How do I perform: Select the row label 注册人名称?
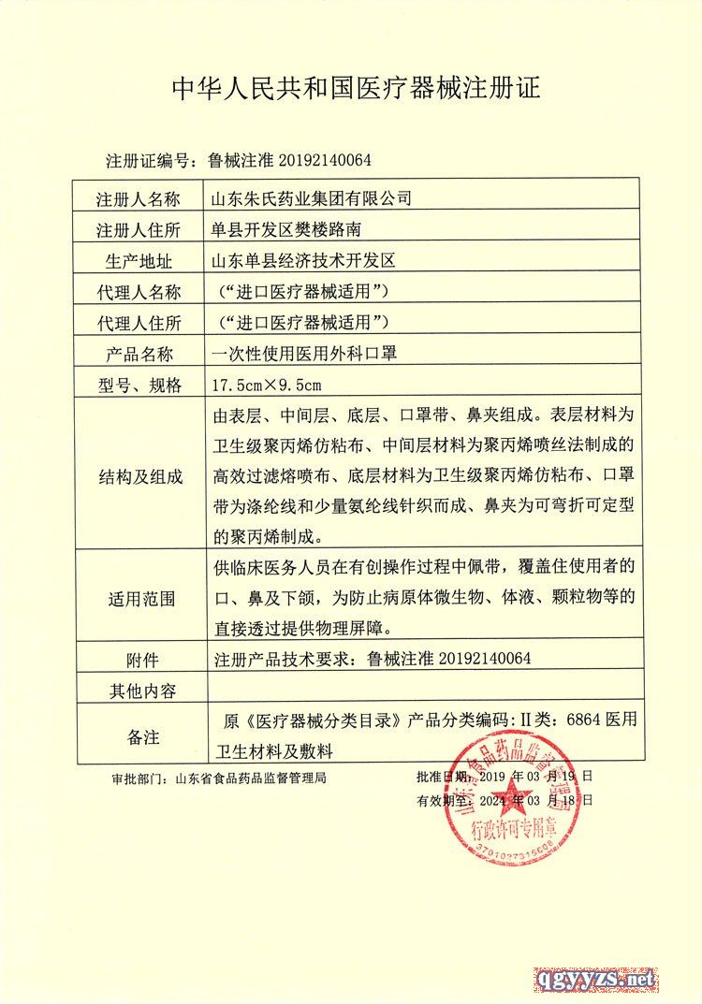138,199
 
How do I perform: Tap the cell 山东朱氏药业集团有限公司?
313,199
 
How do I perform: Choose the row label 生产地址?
138,261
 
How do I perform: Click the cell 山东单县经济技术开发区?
305,261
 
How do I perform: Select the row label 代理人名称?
138,292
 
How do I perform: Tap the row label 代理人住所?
138,323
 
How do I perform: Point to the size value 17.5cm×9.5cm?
268,385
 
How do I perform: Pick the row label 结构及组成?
138,475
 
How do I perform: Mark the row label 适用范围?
138,597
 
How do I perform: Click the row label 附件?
139,658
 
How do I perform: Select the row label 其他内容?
138,691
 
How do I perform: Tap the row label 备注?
139,736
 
